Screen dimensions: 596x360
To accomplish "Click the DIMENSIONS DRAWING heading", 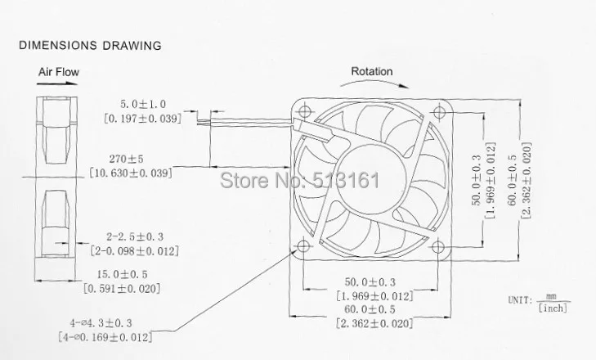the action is tap(90, 46).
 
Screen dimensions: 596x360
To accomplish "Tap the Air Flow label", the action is tap(59, 72).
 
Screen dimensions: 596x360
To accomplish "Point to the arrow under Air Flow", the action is tap(57, 83).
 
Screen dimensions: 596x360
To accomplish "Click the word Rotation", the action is tap(372, 71).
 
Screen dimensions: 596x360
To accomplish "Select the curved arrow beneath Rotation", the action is tap(374, 82).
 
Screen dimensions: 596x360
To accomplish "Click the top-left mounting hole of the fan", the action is tap(305, 111).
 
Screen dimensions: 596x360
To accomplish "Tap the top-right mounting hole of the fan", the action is tap(439, 112).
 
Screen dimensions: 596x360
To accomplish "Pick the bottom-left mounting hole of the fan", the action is tap(303, 245).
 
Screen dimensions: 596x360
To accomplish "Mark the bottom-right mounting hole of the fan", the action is tap(438, 247).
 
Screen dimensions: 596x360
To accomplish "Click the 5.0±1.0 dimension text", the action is tap(143, 104).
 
